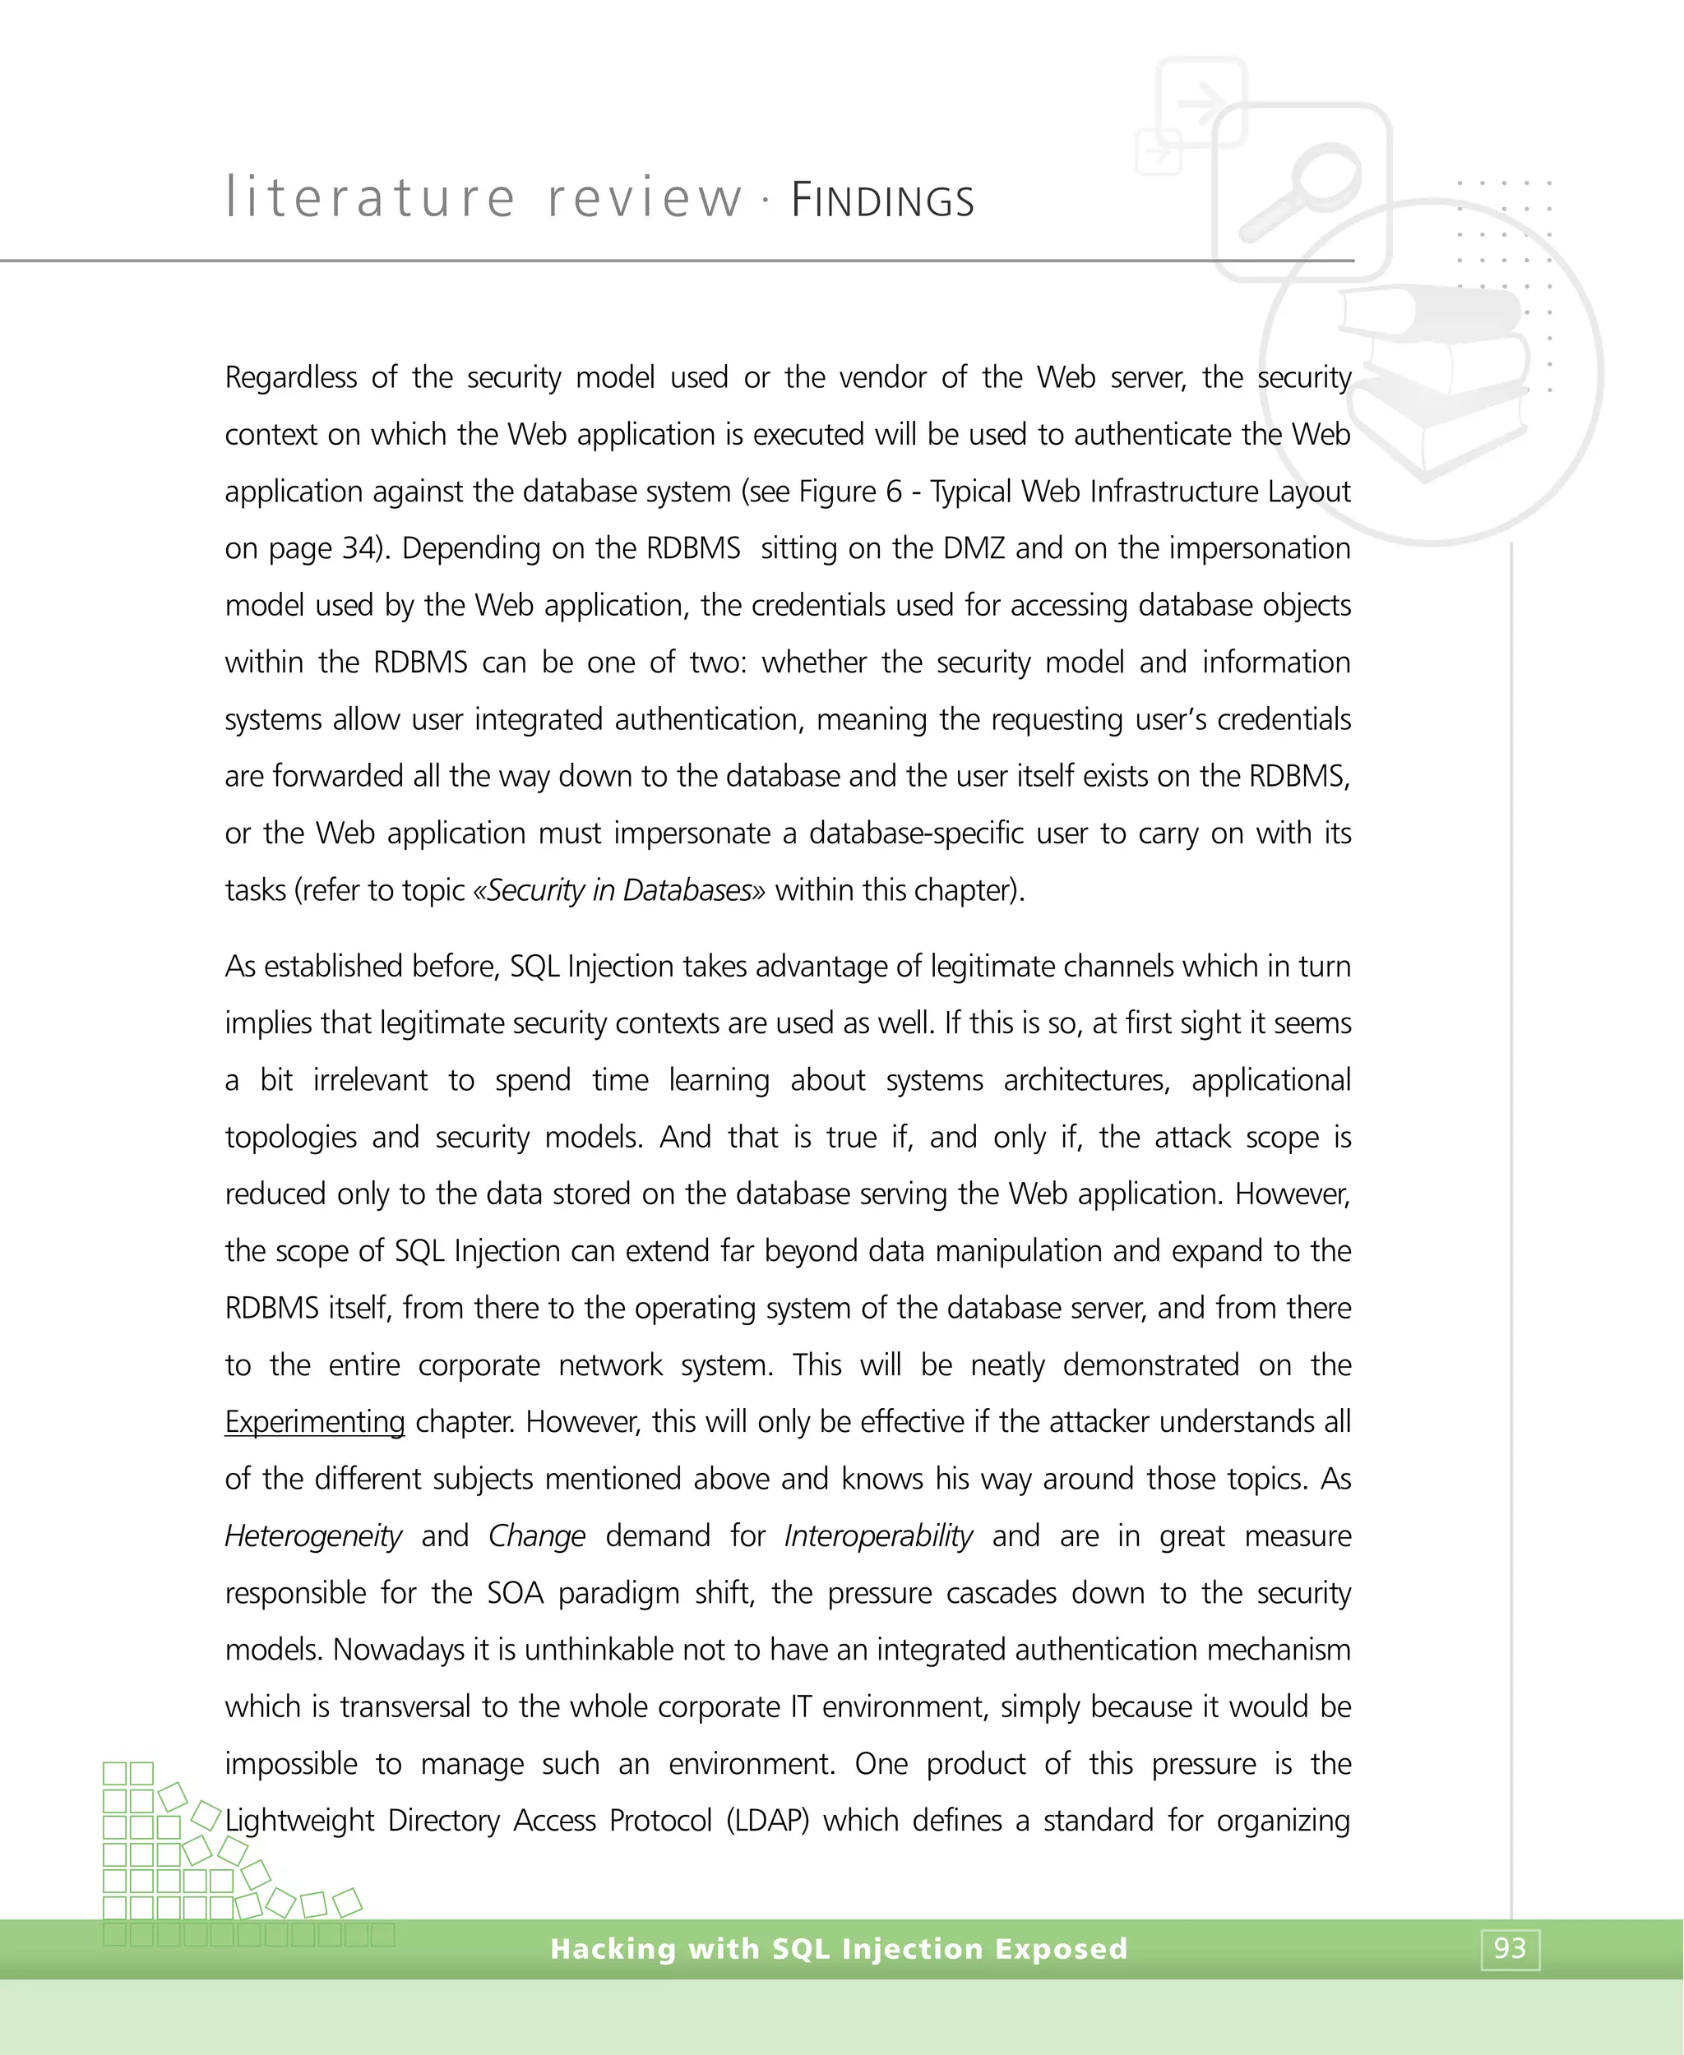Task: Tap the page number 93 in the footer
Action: click(x=1510, y=1948)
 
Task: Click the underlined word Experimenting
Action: click(x=314, y=1422)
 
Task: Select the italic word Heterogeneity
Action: click(x=312, y=1536)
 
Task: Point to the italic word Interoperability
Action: click(x=878, y=1536)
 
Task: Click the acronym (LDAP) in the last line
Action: click(x=767, y=1820)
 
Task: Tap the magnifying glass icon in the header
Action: click(x=1301, y=190)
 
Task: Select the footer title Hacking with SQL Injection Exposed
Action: click(x=838, y=1948)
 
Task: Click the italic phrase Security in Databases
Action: click(x=619, y=890)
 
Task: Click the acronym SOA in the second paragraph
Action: click(x=515, y=1593)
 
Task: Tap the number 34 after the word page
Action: click(x=358, y=549)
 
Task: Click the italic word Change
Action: click(x=536, y=1536)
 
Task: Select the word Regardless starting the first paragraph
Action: click(x=290, y=377)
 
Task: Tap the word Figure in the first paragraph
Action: click(x=837, y=492)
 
